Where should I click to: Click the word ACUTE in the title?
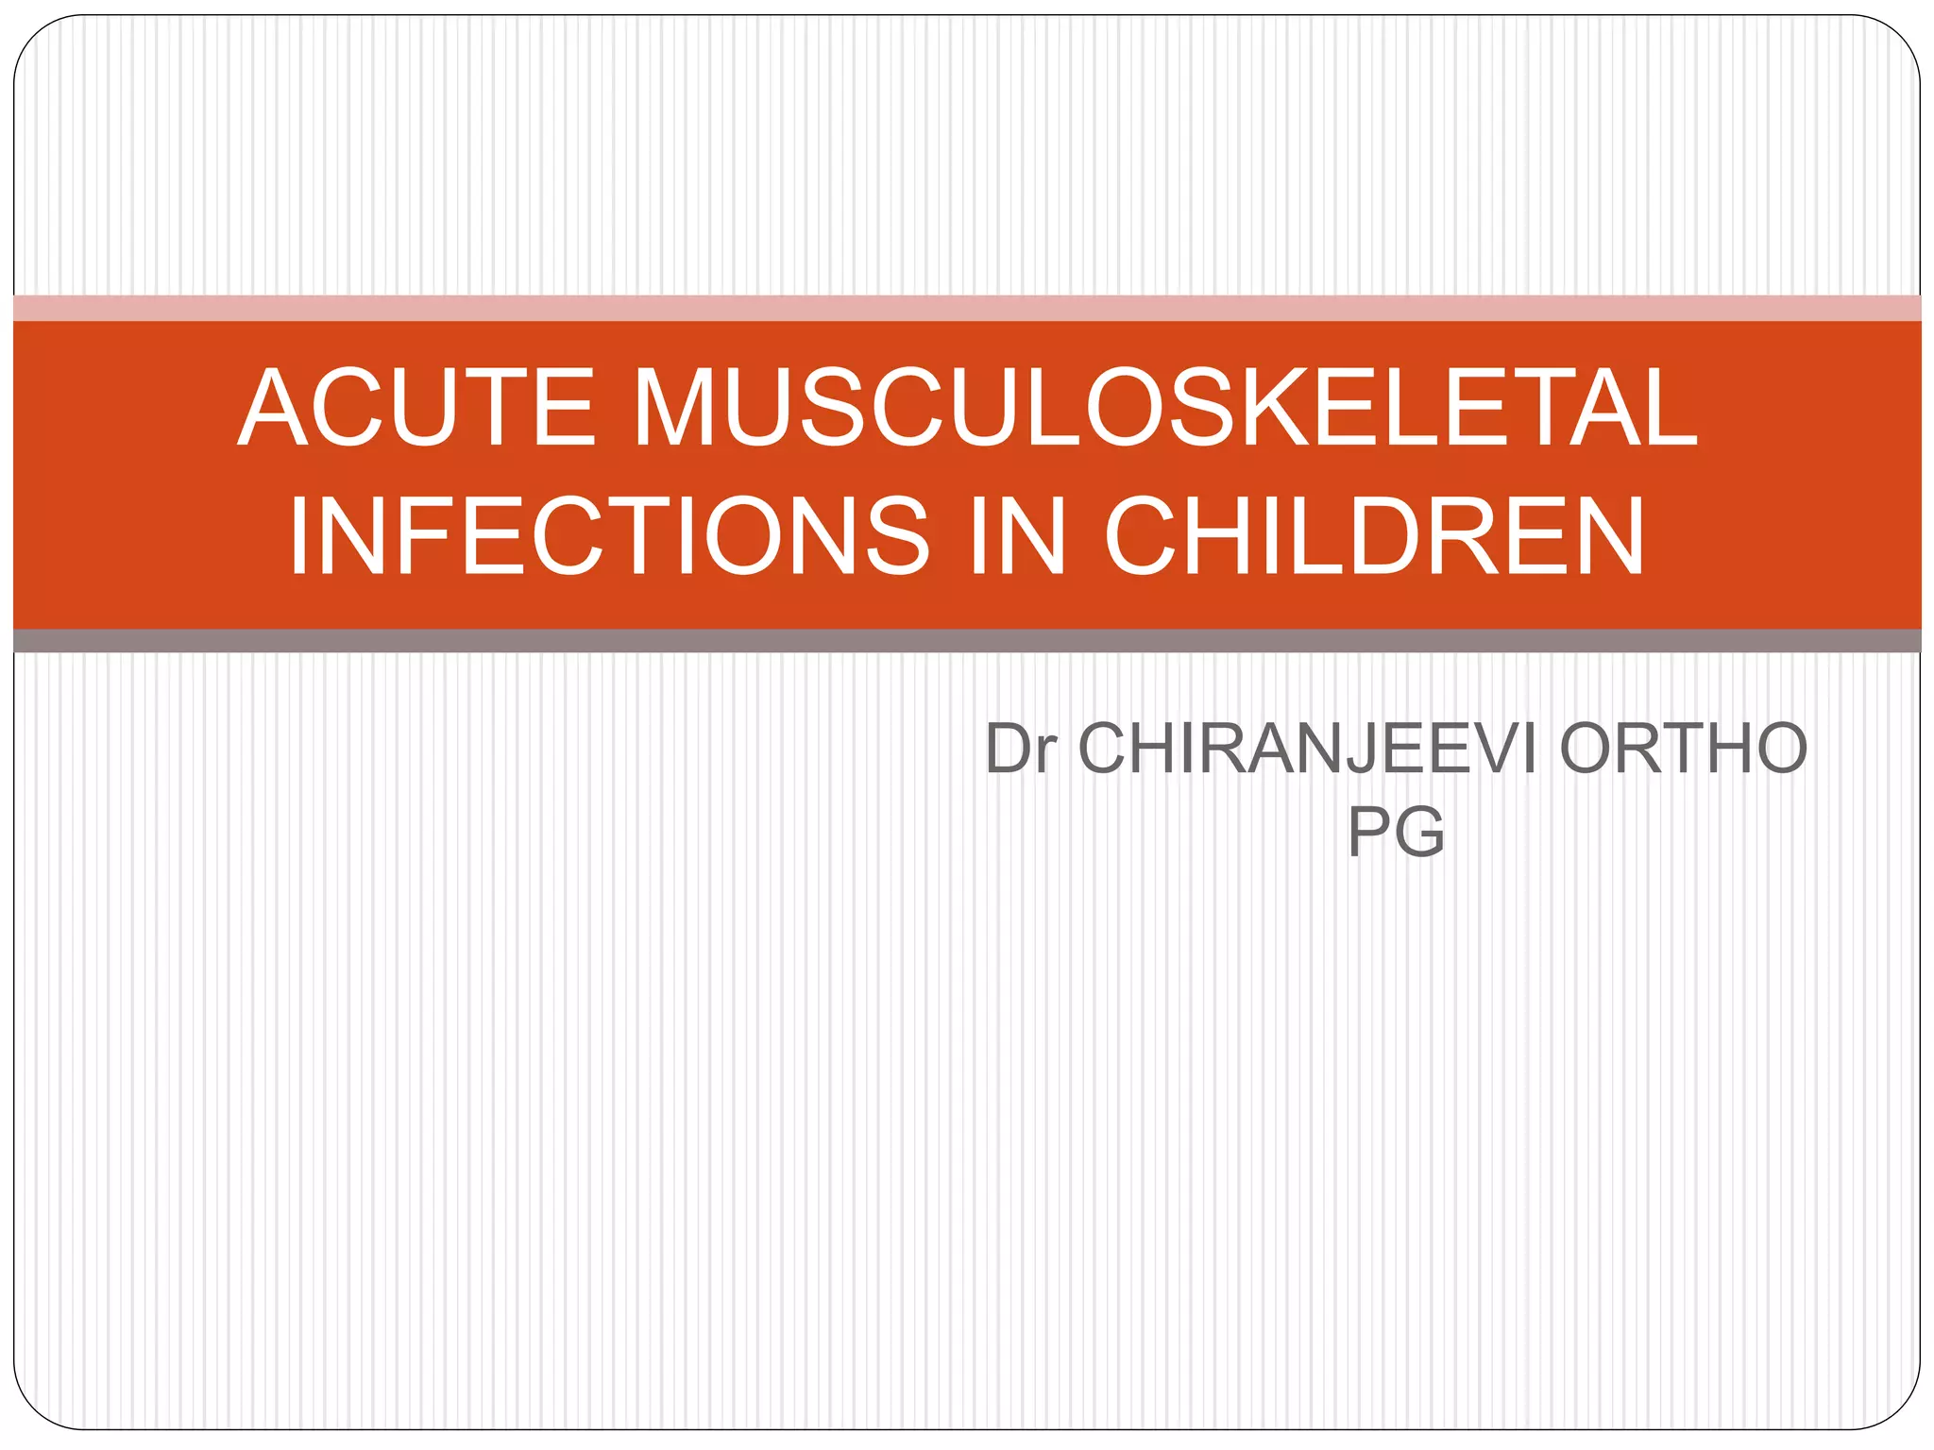416,408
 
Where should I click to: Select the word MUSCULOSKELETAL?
1165,408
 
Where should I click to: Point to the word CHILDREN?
1375,536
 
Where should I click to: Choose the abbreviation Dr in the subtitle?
1019,749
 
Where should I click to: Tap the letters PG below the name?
1396,832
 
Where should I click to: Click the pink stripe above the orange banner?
967,308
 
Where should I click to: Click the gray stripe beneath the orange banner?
967,641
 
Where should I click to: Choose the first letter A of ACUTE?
274,408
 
